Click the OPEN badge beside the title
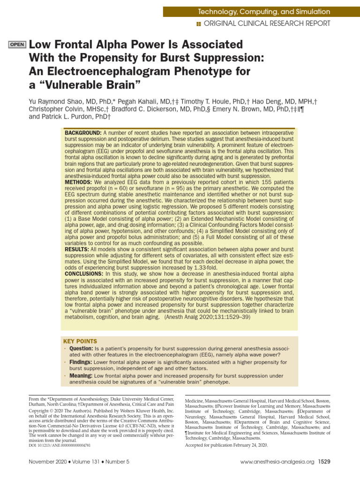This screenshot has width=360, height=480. click(17, 45)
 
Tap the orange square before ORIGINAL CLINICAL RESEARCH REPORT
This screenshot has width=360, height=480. click(199, 23)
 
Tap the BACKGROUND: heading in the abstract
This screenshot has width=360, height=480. click(83, 133)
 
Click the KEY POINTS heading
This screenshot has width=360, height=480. click(80, 341)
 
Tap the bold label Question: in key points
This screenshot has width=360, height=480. click(81, 349)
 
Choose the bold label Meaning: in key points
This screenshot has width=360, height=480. click(81, 376)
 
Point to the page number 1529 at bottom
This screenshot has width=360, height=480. click(324, 462)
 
